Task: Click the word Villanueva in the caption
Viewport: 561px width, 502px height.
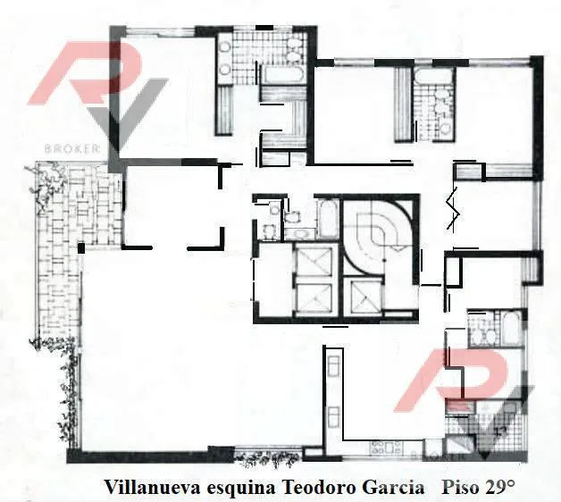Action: [152, 488]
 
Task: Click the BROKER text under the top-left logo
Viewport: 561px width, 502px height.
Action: [71, 148]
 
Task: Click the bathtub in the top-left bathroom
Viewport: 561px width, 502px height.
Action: [282, 74]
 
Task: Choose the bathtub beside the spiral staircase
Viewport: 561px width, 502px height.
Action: [327, 218]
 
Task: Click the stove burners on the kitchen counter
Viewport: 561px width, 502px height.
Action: [387, 448]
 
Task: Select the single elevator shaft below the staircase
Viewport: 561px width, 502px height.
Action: [364, 296]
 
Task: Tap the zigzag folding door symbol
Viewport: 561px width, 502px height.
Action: [453, 208]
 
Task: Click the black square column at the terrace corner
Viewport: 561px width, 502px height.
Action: [81, 248]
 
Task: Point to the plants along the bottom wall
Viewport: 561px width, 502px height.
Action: [268, 459]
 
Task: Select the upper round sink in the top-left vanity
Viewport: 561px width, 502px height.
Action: [225, 46]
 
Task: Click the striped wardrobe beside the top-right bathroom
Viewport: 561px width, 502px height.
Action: [403, 105]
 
